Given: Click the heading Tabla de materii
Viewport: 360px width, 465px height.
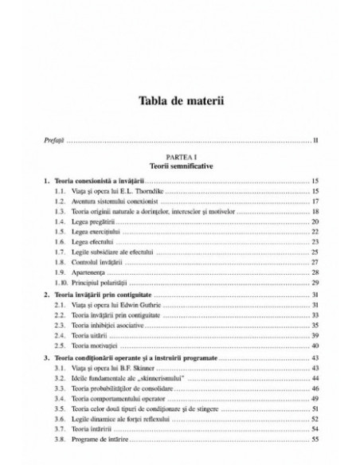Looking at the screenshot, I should pos(180,102).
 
